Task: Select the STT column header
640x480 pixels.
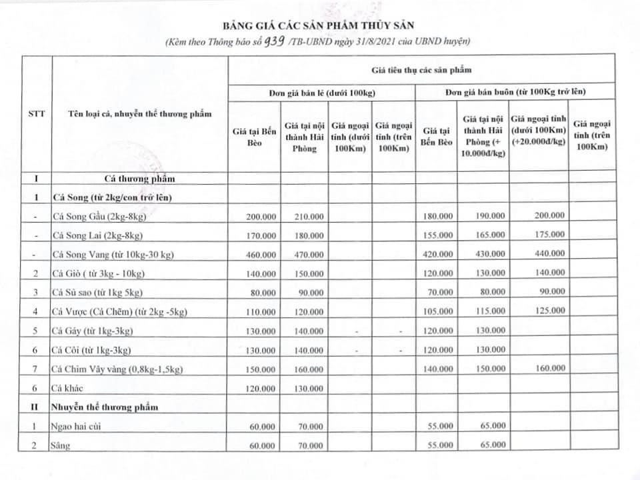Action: click(37, 114)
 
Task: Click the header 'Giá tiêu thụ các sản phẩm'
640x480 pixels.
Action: click(421, 70)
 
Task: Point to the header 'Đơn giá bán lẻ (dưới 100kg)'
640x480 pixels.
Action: click(321, 91)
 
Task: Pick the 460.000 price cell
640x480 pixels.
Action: click(260, 255)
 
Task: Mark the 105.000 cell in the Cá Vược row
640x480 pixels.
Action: click(438, 311)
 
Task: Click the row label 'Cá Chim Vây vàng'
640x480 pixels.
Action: click(117, 369)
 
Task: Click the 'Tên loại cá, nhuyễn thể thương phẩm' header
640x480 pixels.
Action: click(140, 114)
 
